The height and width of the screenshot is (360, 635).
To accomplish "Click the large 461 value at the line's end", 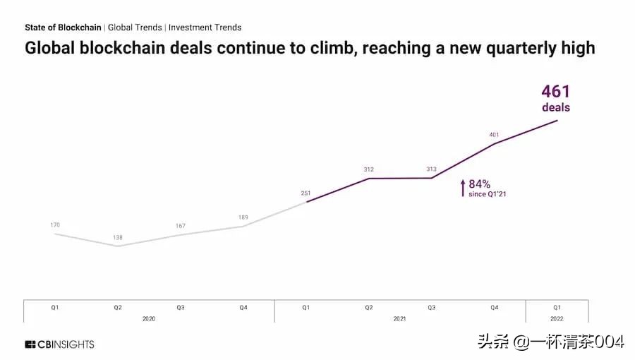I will [x=555, y=92].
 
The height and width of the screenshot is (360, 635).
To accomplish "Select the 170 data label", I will [x=55, y=225].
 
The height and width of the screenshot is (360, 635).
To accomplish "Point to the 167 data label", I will [x=181, y=226].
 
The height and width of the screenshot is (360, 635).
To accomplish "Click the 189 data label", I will [x=243, y=217].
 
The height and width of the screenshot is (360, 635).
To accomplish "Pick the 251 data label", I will [x=306, y=193].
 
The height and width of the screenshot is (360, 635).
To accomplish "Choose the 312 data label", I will [x=369, y=169].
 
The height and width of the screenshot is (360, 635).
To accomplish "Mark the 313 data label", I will [x=432, y=169].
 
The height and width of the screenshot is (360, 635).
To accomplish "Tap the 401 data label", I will [x=495, y=134].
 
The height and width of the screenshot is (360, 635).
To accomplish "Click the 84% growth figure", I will [x=480, y=184].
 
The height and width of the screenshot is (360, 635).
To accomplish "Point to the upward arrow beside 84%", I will [x=463, y=188].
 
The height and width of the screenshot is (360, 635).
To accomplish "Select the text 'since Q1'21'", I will [x=488, y=194].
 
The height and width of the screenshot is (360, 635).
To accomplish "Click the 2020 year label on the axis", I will [x=149, y=319].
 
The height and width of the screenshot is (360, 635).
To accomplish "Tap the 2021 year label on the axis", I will [x=400, y=319].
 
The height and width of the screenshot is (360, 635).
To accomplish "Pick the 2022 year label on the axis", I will [x=557, y=319].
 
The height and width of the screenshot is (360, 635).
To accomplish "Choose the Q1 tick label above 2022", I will [x=557, y=308].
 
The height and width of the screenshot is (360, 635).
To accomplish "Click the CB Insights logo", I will [x=59, y=344].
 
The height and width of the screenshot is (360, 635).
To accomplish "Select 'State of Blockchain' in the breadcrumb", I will [x=63, y=28].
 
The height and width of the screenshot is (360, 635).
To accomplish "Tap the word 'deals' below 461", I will [x=556, y=108].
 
